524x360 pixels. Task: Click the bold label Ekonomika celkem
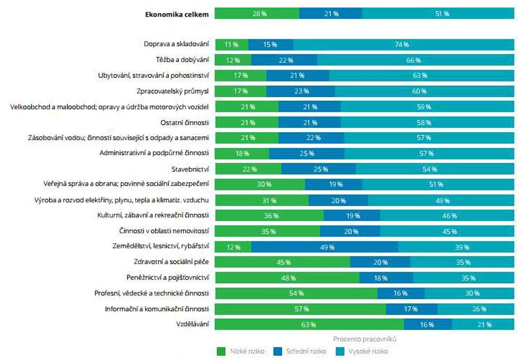(x=177, y=14)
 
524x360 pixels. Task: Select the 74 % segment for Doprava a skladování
(x=404, y=45)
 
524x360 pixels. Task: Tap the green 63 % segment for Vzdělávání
(x=309, y=325)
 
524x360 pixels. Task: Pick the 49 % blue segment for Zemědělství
(x=324, y=247)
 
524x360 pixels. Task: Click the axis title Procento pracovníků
(x=364, y=339)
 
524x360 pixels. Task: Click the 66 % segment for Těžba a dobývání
(x=415, y=60)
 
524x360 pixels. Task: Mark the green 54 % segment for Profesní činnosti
(x=296, y=293)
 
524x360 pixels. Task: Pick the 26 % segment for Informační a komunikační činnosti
(x=475, y=309)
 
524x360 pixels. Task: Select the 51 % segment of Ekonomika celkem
(x=438, y=14)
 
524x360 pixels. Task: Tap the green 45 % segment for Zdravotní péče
(x=282, y=262)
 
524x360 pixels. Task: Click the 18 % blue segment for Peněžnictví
(x=386, y=278)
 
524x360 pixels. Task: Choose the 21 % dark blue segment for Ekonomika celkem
(x=330, y=14)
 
